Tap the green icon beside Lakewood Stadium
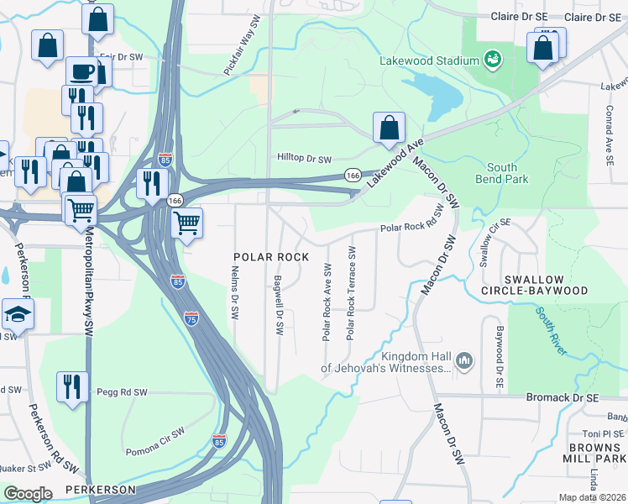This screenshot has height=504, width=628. pos(491,60)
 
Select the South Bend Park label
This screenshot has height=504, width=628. pos(502,173)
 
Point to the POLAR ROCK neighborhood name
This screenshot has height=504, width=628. pos(266,255)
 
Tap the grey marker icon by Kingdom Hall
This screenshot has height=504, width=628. pos(465,362)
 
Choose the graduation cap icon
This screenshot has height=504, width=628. pos(17,313)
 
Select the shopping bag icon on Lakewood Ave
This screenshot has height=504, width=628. pos(389,129)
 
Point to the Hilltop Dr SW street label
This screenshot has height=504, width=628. pos(305,158)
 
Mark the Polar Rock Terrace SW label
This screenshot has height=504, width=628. pos(351,294)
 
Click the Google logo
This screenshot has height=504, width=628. pos(28,494)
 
